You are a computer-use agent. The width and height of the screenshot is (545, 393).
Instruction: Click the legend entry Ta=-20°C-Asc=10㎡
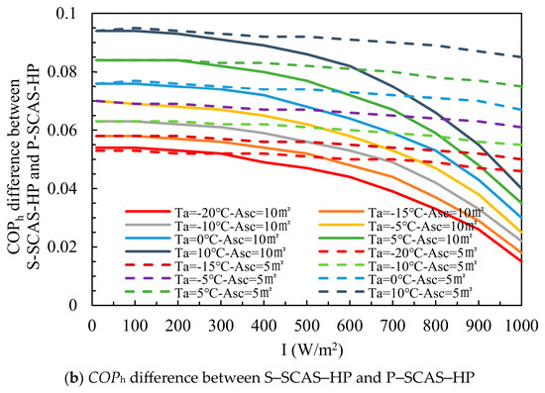[x=233, y=212]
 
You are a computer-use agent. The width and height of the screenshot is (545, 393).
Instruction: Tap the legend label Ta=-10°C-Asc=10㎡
[x=233, y=226]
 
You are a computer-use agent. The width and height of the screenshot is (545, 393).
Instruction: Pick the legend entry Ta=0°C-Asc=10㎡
[x=227, y=240]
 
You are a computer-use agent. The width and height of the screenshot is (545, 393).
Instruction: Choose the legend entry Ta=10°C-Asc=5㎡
[x=420, y=293]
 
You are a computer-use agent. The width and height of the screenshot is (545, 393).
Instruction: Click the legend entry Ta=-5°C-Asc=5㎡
[x=226, y=279]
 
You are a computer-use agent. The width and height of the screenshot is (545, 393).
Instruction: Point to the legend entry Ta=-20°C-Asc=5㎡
[x=423, y=252]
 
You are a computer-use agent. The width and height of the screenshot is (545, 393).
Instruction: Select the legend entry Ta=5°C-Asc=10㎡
[x=420, y=240]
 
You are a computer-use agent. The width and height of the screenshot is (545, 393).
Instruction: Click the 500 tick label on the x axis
[x=307, y=326]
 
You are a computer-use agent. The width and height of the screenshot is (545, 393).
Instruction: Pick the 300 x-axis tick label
[x=221, y=326]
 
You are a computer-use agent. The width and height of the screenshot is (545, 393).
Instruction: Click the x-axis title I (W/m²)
[x=312, y=350]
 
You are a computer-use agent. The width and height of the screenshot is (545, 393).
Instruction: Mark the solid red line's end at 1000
[x=521, y=261]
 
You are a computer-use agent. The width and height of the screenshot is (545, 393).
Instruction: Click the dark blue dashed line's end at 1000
[x=521, y=57]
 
